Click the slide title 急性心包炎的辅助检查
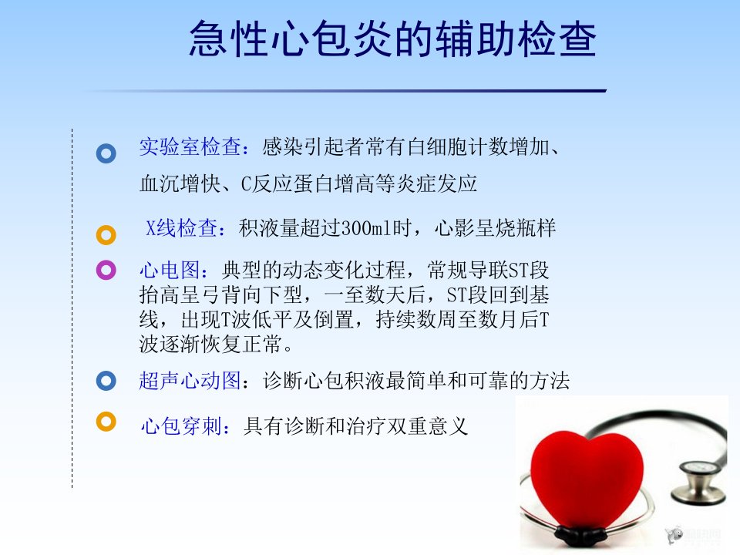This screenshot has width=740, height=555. coord(392,39)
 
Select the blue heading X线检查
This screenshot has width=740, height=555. coord(182,228)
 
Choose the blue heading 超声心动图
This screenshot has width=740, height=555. coord(190,381)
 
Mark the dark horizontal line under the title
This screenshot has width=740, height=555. coord(345,91)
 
